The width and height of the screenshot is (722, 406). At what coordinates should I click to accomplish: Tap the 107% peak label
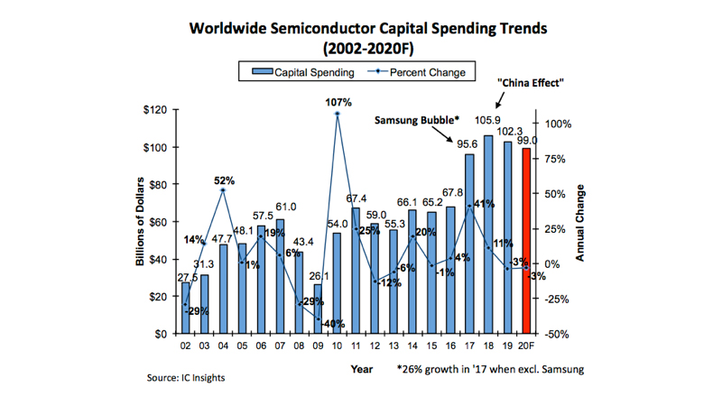pos(338,102)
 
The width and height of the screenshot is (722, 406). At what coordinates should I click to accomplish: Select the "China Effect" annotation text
pos(531,83)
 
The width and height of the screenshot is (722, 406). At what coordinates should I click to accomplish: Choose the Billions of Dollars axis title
pos(142,222)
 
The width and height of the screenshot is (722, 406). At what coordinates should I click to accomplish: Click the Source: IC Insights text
pos(186,378)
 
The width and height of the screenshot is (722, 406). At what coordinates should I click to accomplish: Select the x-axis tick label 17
pos(469,346)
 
